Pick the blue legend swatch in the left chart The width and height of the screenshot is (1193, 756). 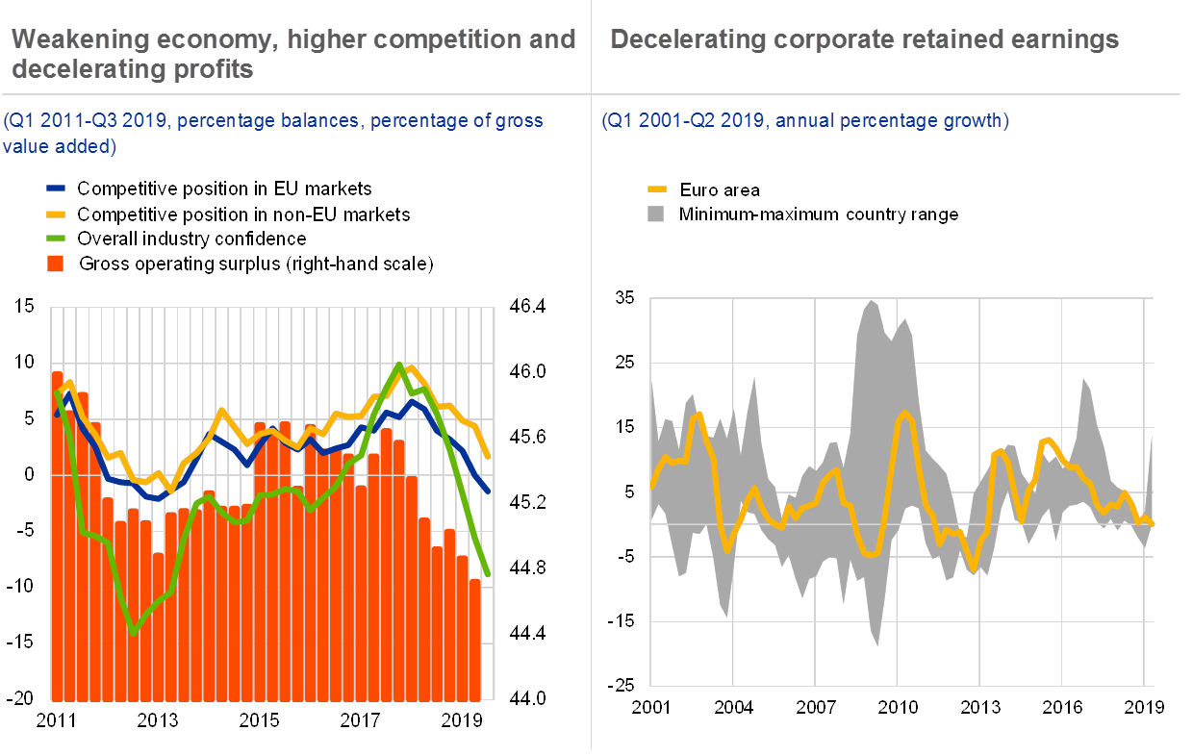click(x=58, y=189)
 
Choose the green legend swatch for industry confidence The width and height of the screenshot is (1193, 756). click(x=58, y=239)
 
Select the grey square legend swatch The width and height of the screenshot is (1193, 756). click(x=657, y=214)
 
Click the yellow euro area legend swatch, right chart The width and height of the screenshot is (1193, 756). click(x=657, y=189)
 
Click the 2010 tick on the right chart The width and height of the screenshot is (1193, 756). click(x=898, y=707)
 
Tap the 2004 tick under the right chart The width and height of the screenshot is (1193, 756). click(x=733, y=707)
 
